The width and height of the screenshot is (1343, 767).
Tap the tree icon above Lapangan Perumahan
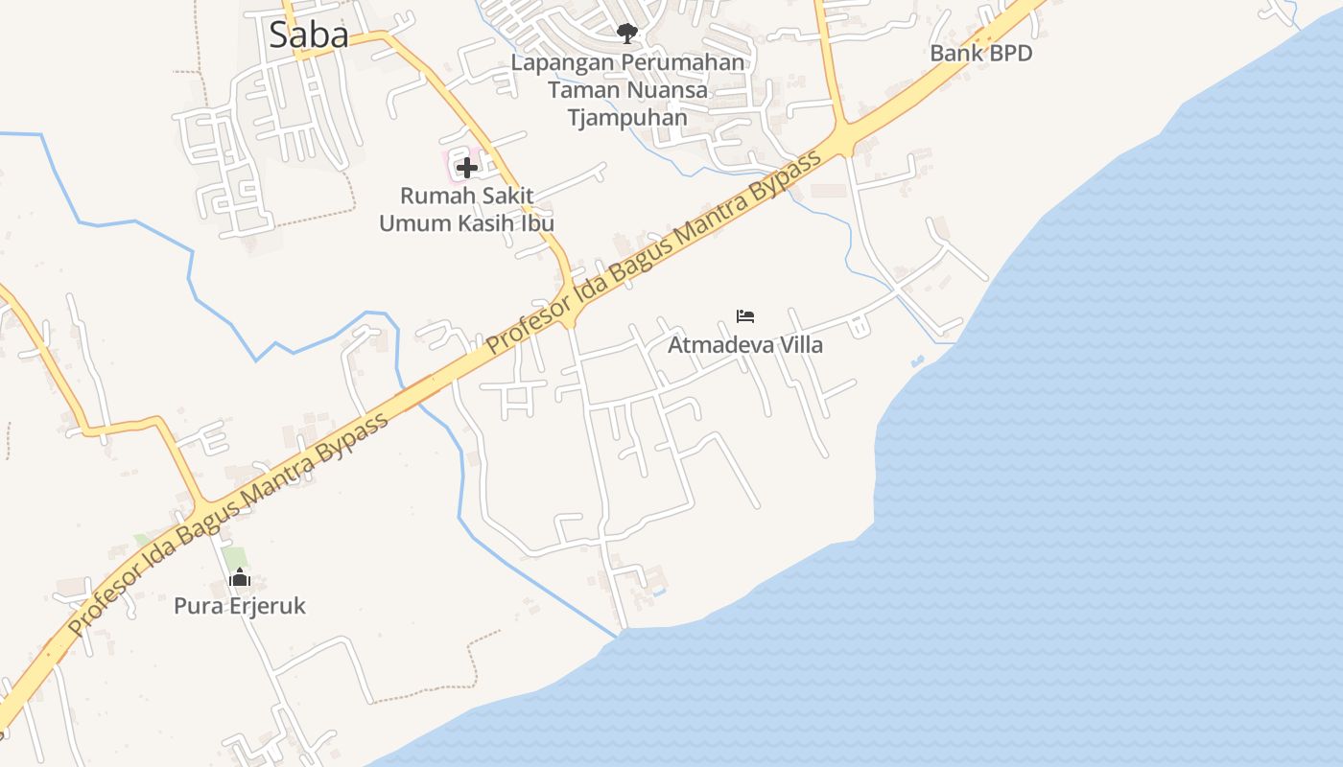tap(627, 34)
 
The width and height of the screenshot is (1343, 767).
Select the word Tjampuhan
tap(627, 118)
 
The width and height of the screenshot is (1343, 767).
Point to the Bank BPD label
tap(980, 54)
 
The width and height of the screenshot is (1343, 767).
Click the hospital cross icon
tap(466, 169)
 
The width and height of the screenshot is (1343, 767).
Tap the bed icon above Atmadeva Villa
tap(745, 315)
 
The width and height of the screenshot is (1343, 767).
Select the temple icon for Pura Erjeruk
tap(239, 577)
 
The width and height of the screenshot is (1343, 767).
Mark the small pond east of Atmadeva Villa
tap(917, 361)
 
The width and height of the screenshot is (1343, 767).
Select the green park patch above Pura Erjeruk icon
tap(233, 556)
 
